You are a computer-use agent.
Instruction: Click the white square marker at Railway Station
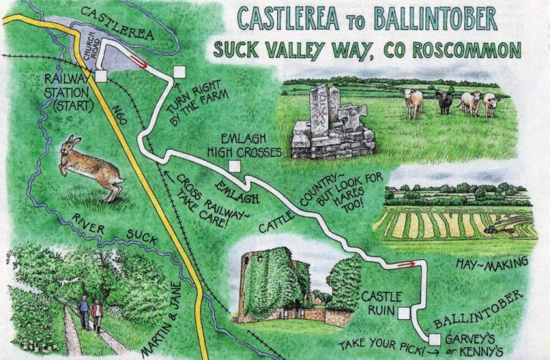[101, 75]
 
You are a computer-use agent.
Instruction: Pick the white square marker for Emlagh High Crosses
[233, 168]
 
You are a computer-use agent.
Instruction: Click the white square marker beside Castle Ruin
[404, 313]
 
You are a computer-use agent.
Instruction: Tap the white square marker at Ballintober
[435, 339]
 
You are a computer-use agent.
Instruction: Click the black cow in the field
[445, 102]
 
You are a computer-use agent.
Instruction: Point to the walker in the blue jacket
[84, 311]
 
